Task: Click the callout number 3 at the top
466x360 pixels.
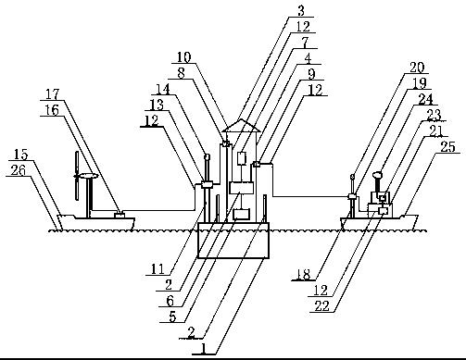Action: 301,11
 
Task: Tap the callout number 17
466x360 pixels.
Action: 52,94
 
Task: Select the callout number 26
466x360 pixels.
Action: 18,170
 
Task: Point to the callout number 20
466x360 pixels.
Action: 417,68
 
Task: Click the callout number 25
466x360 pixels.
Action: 447,147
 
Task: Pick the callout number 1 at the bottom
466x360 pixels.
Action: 203,349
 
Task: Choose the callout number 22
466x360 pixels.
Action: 322,306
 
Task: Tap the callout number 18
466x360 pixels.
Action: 304,274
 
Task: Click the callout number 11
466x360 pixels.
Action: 157,269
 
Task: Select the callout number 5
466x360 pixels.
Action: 172,317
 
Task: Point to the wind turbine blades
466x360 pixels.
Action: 77,176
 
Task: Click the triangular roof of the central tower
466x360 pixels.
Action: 242,125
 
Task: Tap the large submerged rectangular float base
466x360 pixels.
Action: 233,240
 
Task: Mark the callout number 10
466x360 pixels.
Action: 184,57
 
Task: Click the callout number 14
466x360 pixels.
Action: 162,89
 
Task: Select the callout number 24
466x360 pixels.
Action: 425,100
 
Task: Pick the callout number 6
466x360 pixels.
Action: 170,301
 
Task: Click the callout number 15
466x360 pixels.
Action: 21,155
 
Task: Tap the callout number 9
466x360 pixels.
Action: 311,74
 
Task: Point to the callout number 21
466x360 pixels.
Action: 435,131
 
